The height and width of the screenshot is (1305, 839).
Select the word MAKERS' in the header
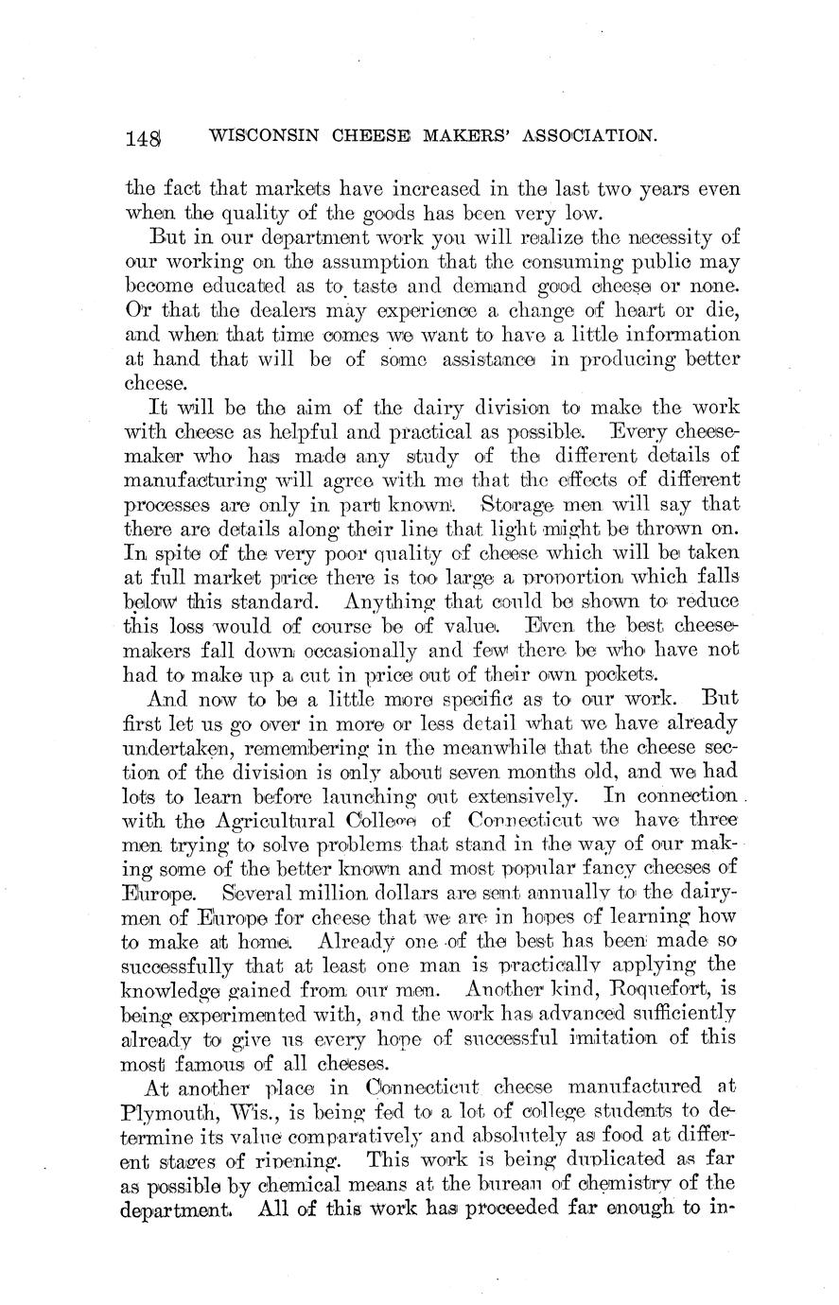pyautogui.click(x=450, y=136)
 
